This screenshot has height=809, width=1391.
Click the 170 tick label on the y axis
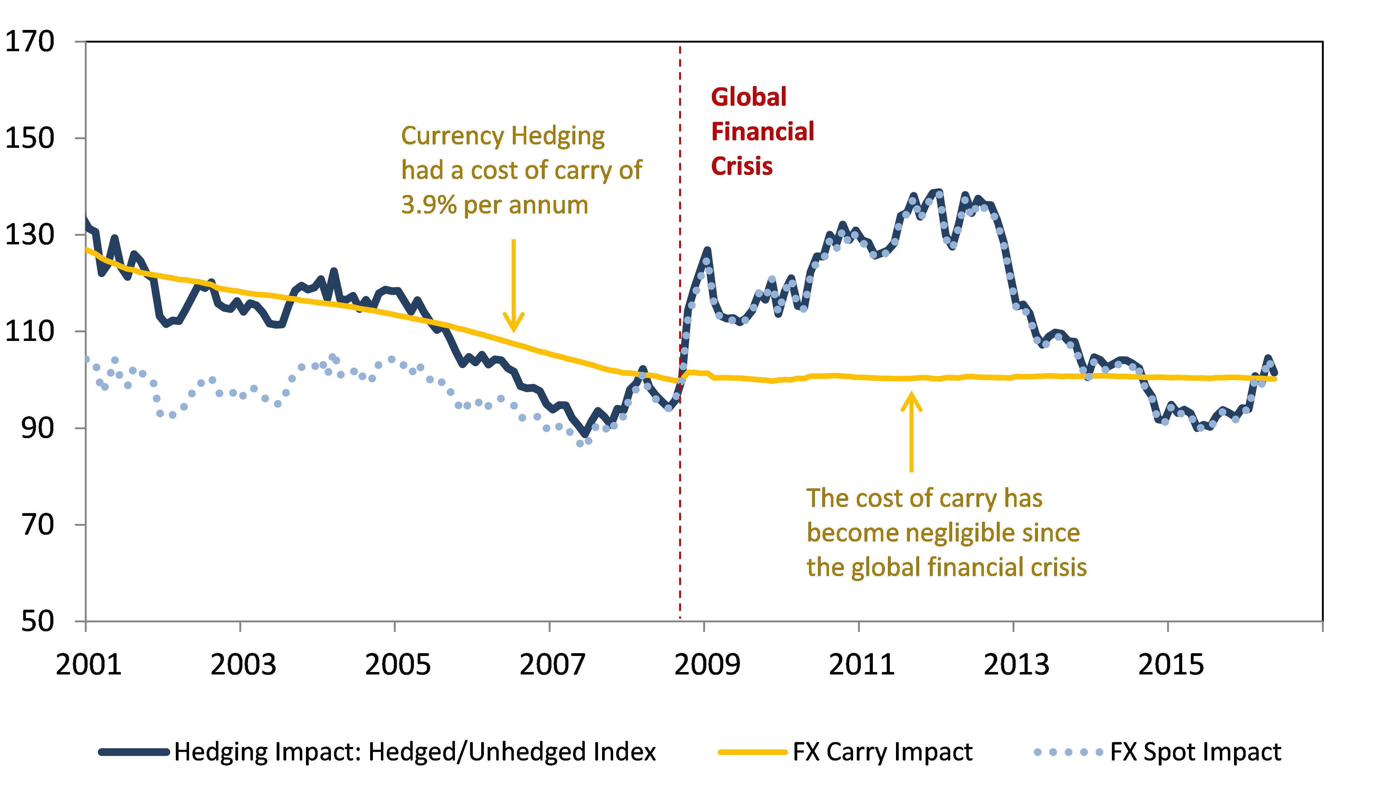click(30, 41)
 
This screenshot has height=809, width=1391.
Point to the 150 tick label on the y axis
click(30, 138)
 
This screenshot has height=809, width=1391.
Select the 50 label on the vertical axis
click(38, 621)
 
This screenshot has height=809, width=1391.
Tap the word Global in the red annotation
click(749, 97)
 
